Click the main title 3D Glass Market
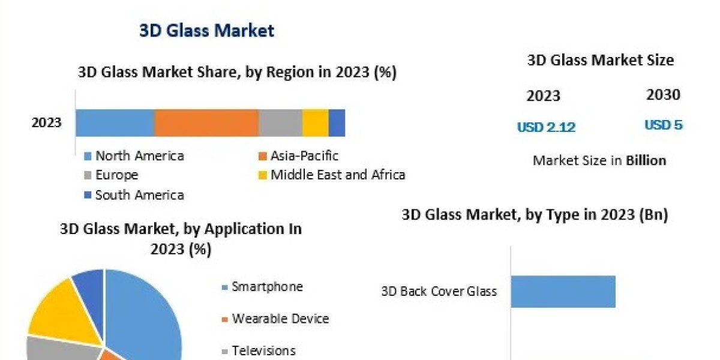pyautogui.click(x=206, y=30)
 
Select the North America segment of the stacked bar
pyautogui.click(x=115, y=123)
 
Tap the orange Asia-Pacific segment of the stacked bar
pyautogui.click(x=206, y=123)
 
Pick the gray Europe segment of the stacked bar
pyautogui.click(x=280, y=123)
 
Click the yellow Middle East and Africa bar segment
pyautogui.click(x=315, y=123)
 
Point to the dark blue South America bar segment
pyautogui.click(x=337, y=123)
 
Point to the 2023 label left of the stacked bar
pyautogui.click(x=47, y=123)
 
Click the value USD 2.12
pyautogui.click(x=546, y=127)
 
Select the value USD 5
pyautogui.click(x=664, y=125)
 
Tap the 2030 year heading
pyautogui.click(x=664, y=95)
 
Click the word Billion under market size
pyautogui.click(x=646, y=160)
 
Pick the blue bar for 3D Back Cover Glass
pyautogui.click(x=563, y=292)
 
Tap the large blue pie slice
pyautogui.click(x=144, y=318)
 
